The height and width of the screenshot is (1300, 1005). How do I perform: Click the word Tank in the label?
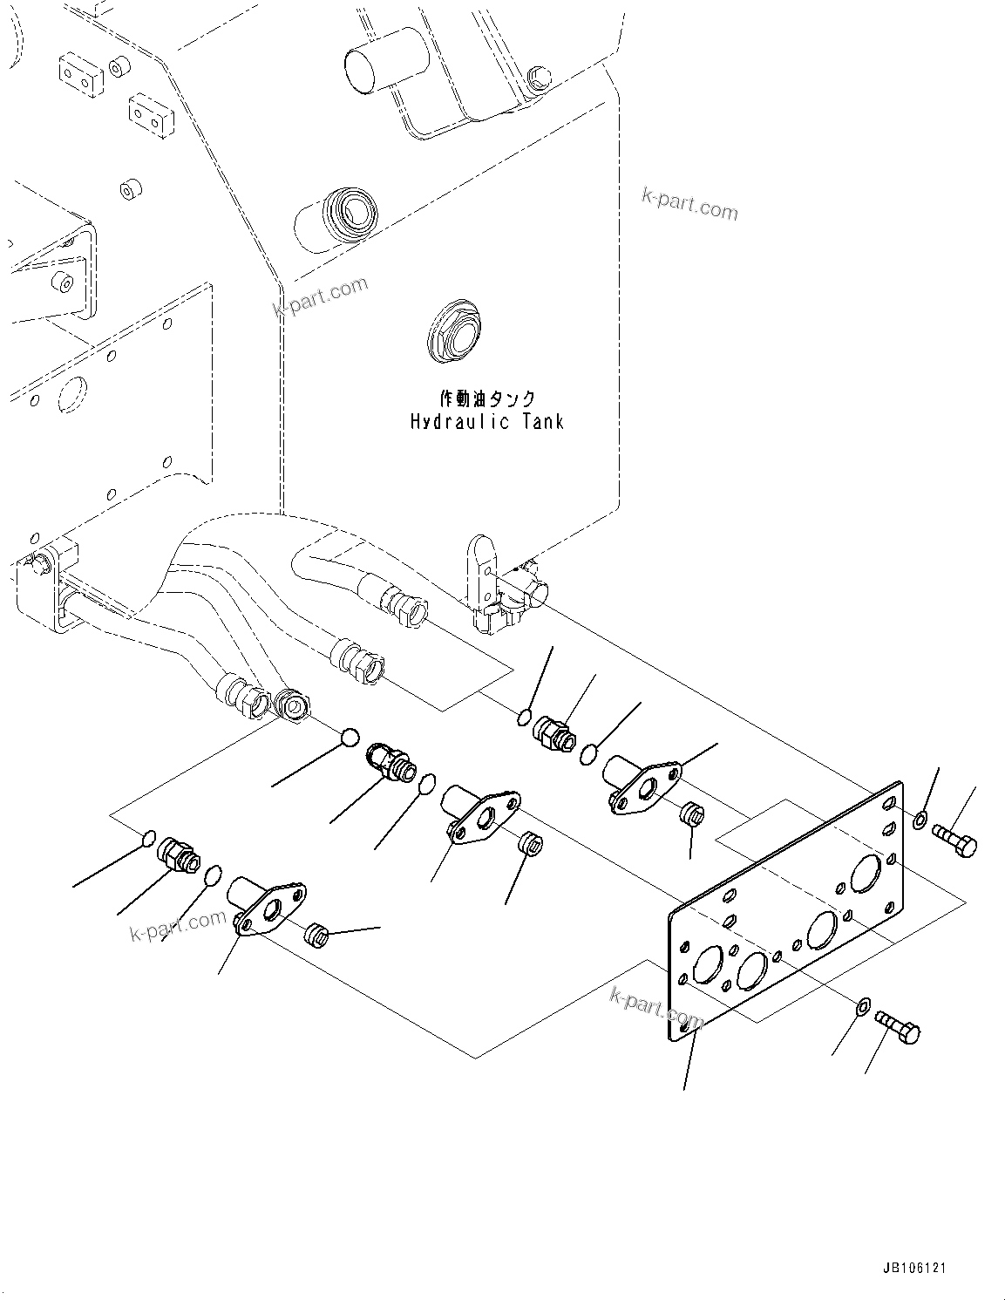(542, 422)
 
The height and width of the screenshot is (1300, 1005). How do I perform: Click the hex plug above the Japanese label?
(453, 330)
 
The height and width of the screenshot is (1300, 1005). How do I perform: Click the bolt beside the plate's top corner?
(955, 840)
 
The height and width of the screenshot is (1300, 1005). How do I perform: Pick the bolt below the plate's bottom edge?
(899, 1027)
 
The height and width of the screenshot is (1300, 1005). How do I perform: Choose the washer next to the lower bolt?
(861, 1006)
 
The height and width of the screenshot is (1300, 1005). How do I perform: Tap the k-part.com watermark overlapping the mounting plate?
(656, 1007)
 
